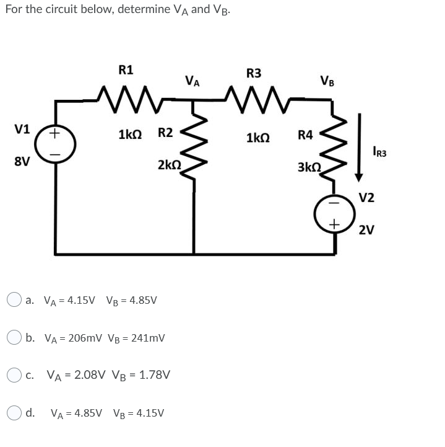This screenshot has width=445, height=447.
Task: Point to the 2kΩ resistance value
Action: pos(169,165)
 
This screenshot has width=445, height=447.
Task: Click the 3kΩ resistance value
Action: pos(309,167)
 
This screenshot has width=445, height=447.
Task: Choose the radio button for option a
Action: pos(15,300)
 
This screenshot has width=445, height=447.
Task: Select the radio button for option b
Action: pos(15,338)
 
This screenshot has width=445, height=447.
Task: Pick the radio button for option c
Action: pos(15,375)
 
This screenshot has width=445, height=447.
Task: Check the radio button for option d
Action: pos(15,412)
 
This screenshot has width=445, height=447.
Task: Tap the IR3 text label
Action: pos(380,150)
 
